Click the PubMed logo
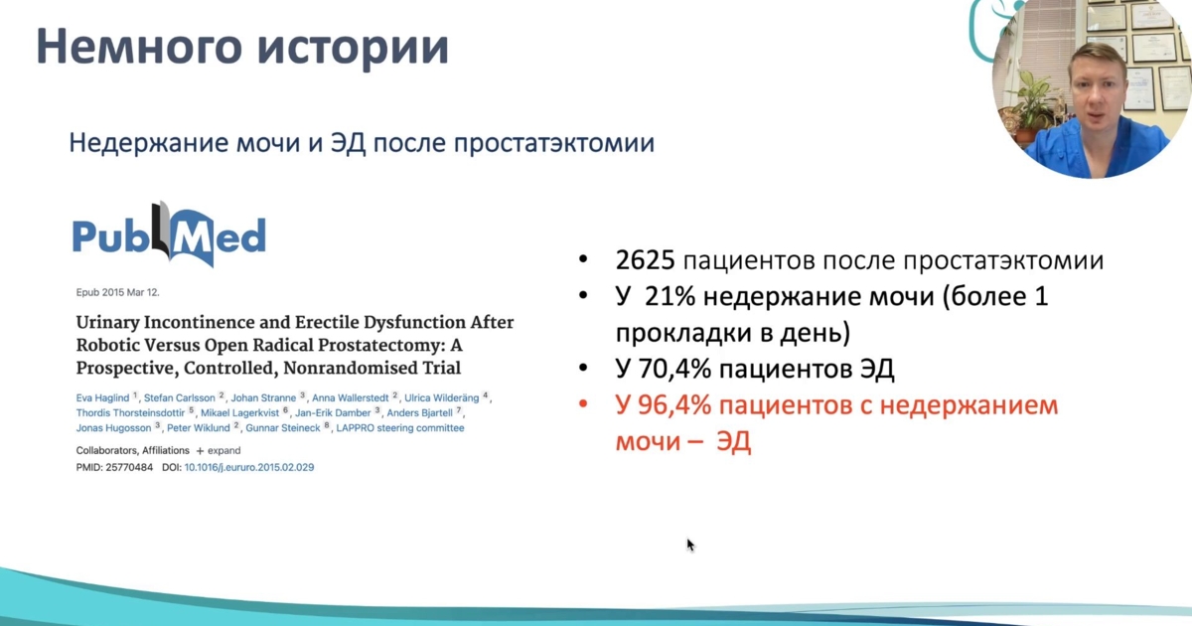click(x=169, y=235)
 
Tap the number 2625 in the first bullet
click(x=645, y=260)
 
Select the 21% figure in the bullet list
click(x=670, y=296)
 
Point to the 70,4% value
click(x=674, y=369)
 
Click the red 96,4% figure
click(x=674, y=405)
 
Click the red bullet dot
click(x=583, y=404)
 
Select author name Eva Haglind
click(x=102, y=398)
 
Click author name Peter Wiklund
click(x=199, y=428)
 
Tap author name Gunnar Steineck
click(x=283, y=428)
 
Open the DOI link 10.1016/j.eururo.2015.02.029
click(x=249, y=467)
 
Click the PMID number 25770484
click(x=129, y=467)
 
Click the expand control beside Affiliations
click(x=219, y=451)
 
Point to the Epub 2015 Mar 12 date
click(x=117, y=292)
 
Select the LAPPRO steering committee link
click(x=400, y=428)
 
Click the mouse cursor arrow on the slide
click(x=690, y=546)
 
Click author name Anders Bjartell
click(x=420, y=413)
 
